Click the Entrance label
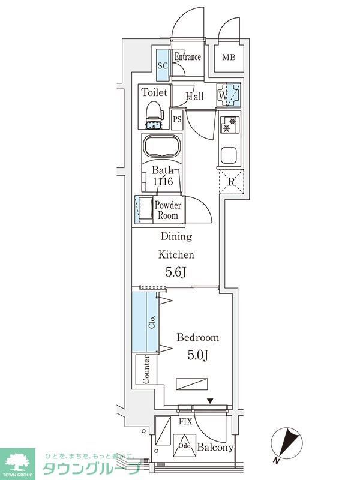(x=187, y=58)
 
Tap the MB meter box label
(x=229, y=58)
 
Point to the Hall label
(x=194, y=97)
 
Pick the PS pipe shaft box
(x=177, y=119)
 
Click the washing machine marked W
(x=229, y=95)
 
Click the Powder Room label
(x=167, y=210)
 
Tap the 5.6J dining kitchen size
(x=176, y=272)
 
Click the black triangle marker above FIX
(x=210, y=400)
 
